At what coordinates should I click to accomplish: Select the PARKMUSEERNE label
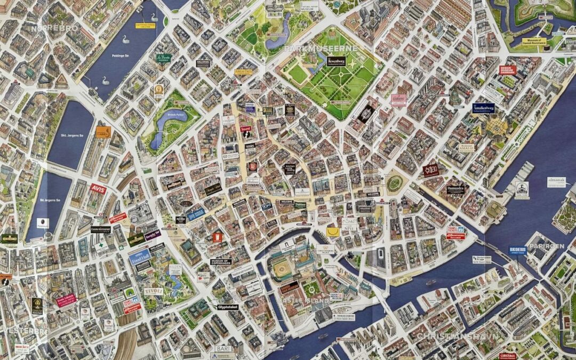(x=321, y=48)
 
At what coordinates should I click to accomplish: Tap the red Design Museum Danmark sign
(x=508, y=70)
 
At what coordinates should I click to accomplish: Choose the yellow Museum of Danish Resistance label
(x=534, y=41)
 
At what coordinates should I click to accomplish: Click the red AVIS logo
(x=97, y=189)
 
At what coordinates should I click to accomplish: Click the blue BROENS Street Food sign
(x=517, y=250)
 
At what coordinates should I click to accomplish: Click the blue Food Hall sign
(x=139, y=258)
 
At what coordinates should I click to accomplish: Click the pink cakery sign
(x=398, y=99)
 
